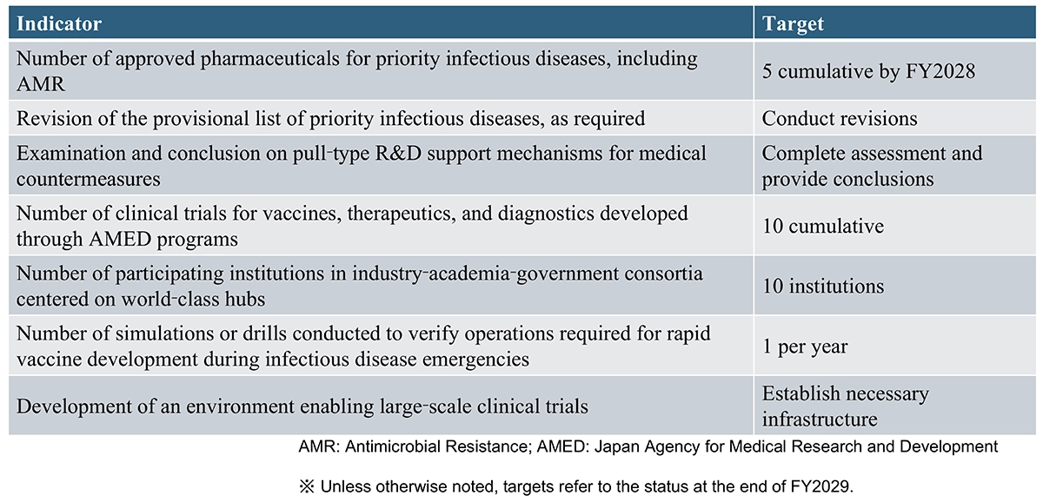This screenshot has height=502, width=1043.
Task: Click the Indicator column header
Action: [59, 23]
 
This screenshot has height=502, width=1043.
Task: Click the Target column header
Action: [794, 23]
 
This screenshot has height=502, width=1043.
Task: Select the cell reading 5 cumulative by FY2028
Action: [868, 71]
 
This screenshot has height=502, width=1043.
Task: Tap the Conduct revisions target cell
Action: [840, 118]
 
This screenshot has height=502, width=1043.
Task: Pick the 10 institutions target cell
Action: [823, 286]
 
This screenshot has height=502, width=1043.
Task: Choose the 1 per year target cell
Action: [805, 347]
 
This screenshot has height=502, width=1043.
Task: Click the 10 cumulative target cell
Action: [823, 226]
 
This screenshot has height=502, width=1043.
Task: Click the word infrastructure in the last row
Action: [820, 419]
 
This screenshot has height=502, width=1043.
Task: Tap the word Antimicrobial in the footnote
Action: [390, 447]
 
